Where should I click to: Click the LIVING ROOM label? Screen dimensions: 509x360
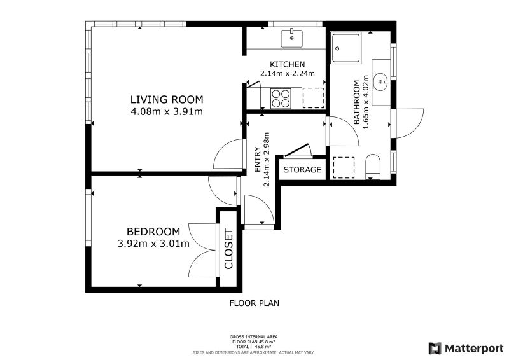[167, 99]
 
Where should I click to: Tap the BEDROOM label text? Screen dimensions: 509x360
[153, 232]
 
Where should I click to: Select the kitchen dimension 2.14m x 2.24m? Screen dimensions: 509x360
[288, 73]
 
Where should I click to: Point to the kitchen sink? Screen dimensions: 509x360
[291, 39]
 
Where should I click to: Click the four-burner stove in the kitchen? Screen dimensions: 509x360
[281, 99]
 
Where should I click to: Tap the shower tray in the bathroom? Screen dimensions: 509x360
[345, 48]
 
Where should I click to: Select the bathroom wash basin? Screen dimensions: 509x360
[380, 82]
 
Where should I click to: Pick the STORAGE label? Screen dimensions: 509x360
[302, 169]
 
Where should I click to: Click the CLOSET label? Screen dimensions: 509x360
[229, 249]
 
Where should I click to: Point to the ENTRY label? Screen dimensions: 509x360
[258, 160]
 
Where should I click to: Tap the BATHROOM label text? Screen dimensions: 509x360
[357, 102]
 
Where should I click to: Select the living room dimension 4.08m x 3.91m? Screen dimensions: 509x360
[167, 112]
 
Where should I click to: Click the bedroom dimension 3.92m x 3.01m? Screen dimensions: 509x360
[153, 244]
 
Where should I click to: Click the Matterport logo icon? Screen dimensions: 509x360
[435, 349]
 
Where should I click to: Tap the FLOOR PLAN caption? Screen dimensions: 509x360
[254, 303]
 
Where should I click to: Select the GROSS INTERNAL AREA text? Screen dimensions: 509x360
[253, 337]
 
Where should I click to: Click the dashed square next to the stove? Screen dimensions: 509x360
[314, 99]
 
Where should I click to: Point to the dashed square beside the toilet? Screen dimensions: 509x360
[344, 167]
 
